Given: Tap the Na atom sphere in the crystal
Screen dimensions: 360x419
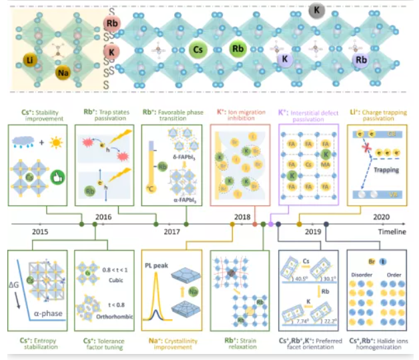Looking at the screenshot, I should point(64,73).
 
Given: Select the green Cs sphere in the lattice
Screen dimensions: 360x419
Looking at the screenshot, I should point(198,49).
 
